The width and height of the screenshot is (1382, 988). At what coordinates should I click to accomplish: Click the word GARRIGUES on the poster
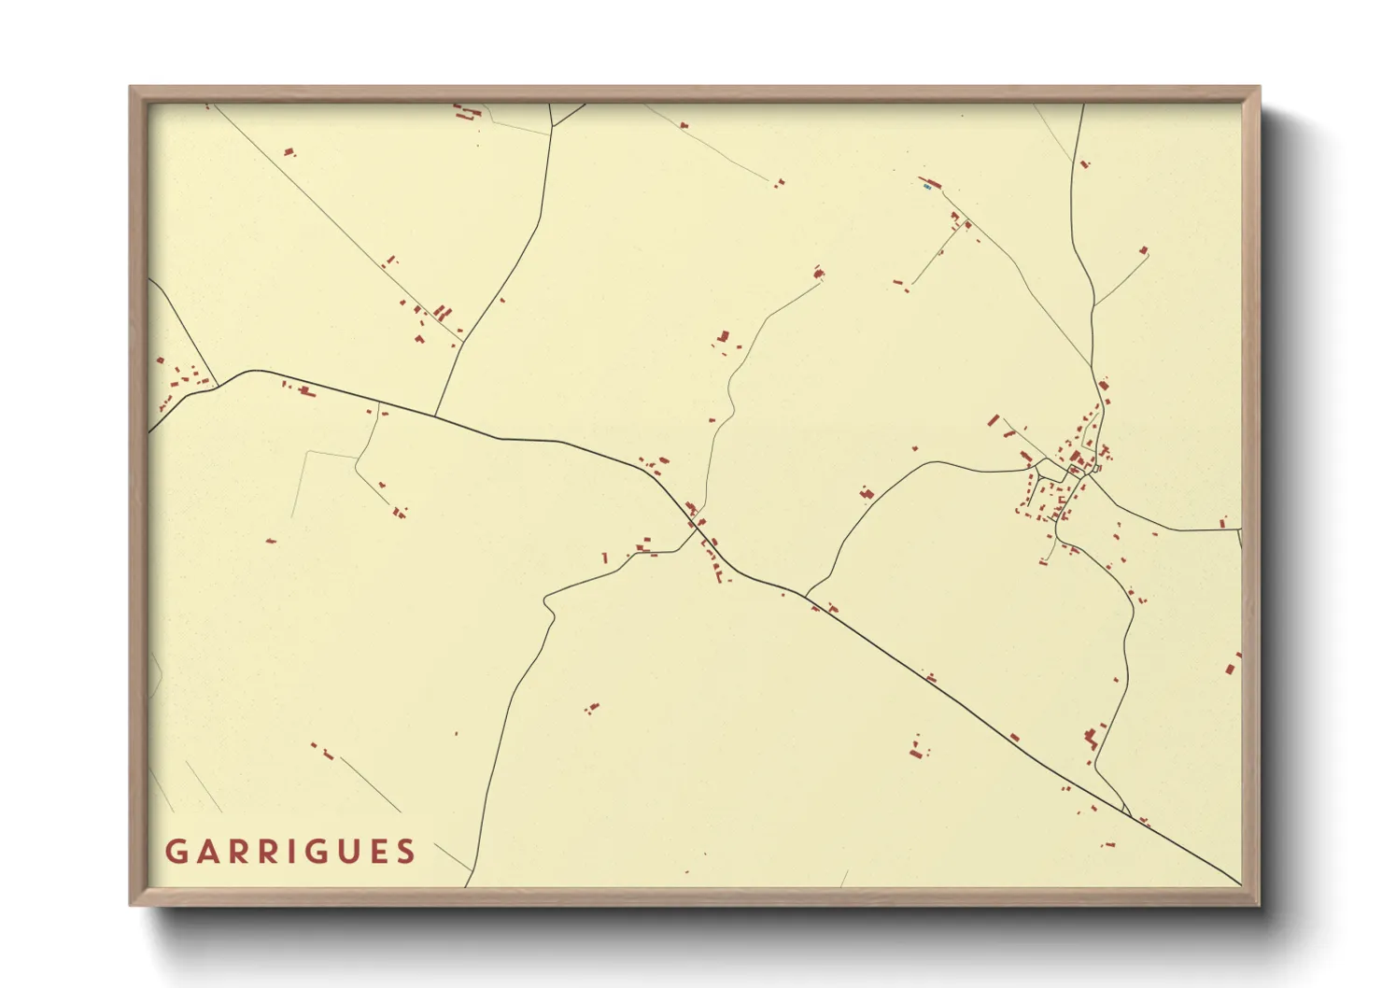pyautogui.click(x=290, y=852)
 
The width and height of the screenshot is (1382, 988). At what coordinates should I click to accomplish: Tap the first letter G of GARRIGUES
pyautogui.click(x=176, y=852)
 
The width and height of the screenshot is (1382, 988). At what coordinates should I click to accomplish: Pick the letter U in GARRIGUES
pyautogui.click(x=347, y=852)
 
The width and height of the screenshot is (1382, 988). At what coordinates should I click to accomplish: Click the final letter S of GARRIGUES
pyautogui.click(x=405, y=852)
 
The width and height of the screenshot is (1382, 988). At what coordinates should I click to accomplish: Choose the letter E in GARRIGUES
pyautogui.click(x=377, y=852)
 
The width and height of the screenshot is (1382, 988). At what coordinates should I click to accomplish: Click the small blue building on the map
pyautogui.click(x=926, y=187)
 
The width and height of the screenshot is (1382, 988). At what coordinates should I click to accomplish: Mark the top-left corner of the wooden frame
pyautogui.click(x=131, y=88)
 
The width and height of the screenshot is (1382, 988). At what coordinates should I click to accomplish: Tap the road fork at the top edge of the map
pyautogui.click(x=553, y=124)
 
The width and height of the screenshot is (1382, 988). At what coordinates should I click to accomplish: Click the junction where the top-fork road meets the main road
pyautogui.click(x=435, y=416)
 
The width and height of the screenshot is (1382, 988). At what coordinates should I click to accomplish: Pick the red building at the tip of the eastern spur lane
pyautogui.click(x=1144, y=250)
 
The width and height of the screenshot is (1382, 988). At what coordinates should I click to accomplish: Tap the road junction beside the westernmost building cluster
pyautogui.click(x=217, y=384)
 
